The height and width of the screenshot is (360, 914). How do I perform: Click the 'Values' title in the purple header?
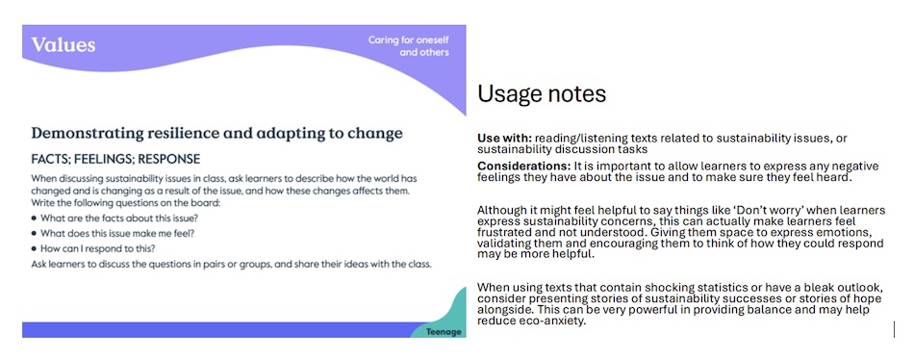[63, 45]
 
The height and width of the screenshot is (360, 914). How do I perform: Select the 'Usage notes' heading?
[542, 94]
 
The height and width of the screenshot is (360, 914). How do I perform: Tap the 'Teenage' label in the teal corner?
[444, 332]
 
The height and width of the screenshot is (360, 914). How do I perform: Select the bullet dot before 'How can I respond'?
[35, 248]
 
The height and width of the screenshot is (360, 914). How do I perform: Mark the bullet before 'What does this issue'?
[35, 233]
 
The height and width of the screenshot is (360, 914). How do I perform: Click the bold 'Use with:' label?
[504, 139]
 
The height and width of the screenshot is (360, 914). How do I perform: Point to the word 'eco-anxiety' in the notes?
[554, 321]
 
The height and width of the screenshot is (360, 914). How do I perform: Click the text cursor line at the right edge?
[894, 329]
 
